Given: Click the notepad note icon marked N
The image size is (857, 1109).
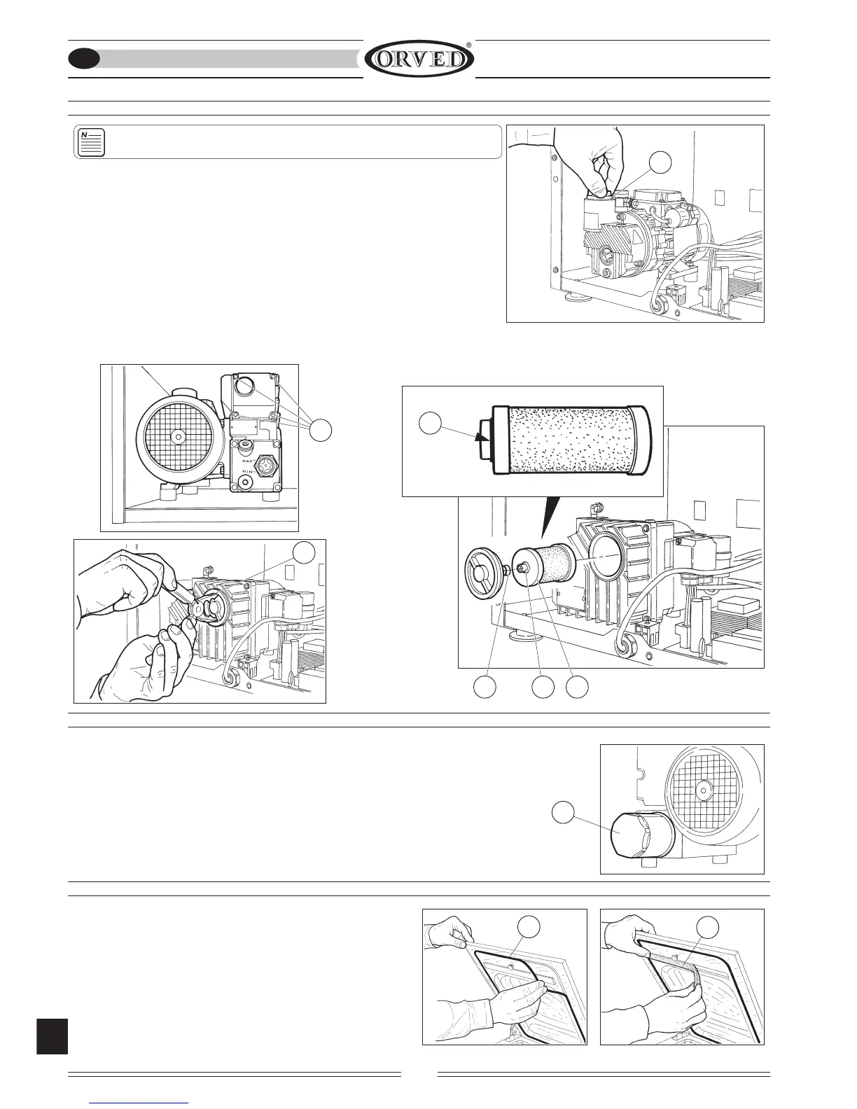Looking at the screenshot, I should point(91,142).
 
